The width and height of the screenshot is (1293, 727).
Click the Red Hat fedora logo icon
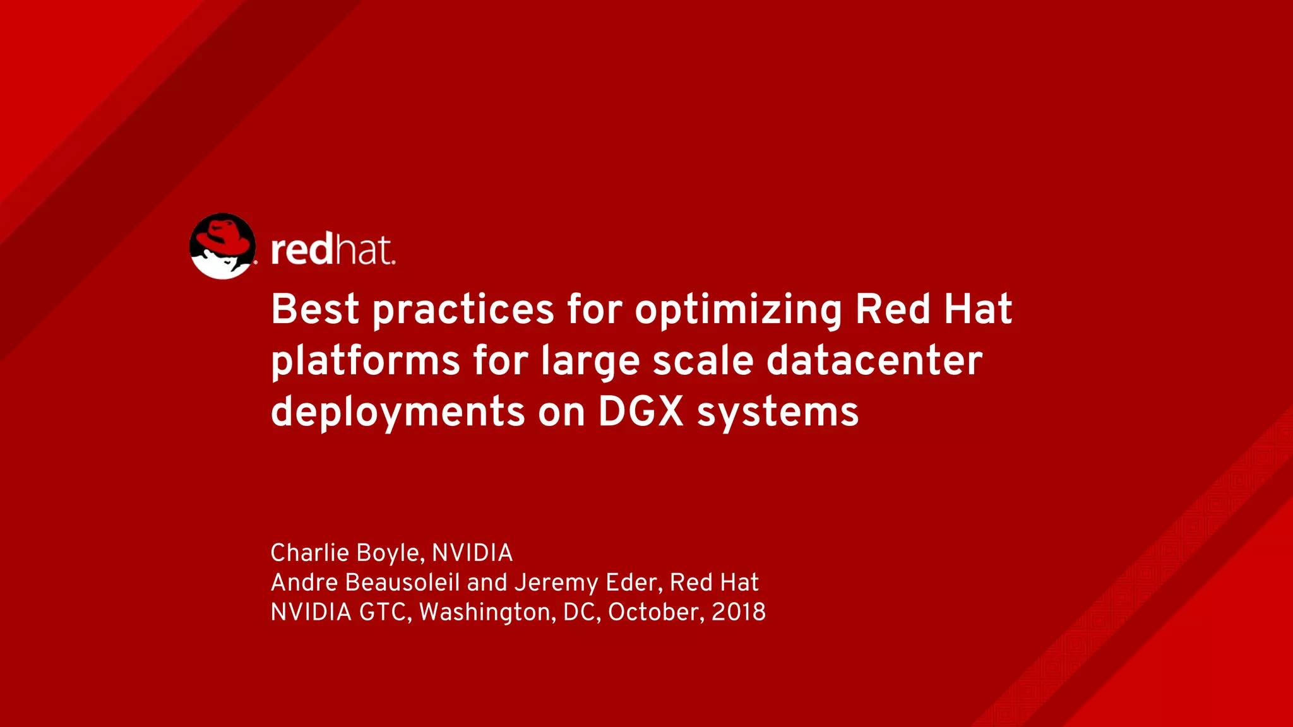[223, 246]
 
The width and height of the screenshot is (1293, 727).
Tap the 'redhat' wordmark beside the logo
[333, 250]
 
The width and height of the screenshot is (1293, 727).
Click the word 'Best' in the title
[315, 309]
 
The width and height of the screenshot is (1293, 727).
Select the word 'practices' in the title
[463, 310]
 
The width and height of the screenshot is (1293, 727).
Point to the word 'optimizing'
[738, 310]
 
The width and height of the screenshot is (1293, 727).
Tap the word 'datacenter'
[874, 361]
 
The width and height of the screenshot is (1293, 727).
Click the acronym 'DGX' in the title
[641, 412]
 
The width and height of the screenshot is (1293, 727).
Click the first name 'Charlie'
[309, 553]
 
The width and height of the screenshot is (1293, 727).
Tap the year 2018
[739, 612]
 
